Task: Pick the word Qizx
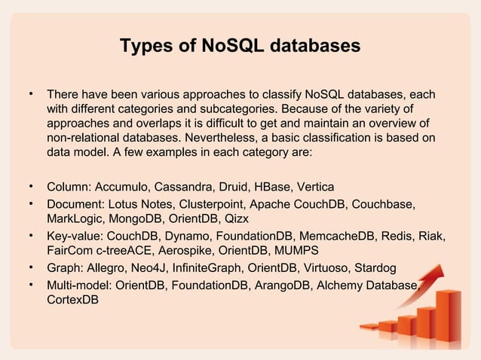(x=231, y=218)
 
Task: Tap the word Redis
(x=400, y=236)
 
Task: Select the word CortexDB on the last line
(x=72, y=300)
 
